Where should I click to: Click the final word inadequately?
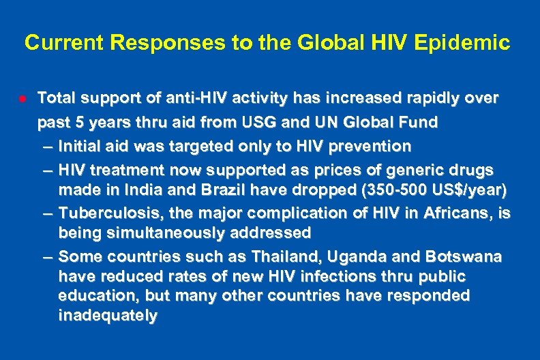(108, 316)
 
